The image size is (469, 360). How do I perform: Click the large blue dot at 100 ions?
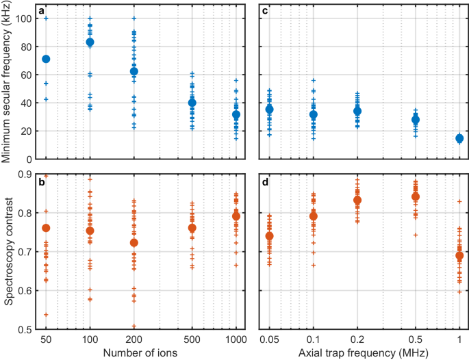[90, 42]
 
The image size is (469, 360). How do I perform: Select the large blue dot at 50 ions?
[46, 59]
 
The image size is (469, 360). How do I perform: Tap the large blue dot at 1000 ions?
[236, 115]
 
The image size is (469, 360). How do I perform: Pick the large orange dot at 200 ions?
[134, 243]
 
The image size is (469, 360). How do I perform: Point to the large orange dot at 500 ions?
[192, 228]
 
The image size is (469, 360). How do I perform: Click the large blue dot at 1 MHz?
[459, 138]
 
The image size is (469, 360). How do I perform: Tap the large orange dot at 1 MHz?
[459, 255]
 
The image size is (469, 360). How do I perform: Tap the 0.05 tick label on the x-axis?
[269, 339]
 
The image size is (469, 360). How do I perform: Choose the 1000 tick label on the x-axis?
[236, 339]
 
